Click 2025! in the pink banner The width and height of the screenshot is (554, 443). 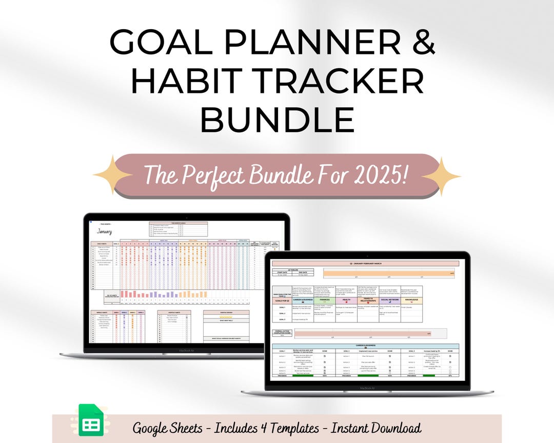pyautogui.click(x=380, y=175)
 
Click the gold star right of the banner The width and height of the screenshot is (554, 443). pyautogui.click(x=441, y=176)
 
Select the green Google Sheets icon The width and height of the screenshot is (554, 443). pyautogui.click(x=91, y=421)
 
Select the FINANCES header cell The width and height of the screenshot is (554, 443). pyautogui.click(x=325, y=300)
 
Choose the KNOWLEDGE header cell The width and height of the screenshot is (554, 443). pyautogui.click(x=411, y=300)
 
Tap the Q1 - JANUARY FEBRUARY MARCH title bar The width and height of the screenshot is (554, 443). pyautogui.click(x=365, y=263)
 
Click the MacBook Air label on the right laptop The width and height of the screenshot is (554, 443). pyautogui.click(x=367, y=388)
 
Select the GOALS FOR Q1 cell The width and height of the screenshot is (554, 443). pyautogui.click(x=282, y=300)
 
